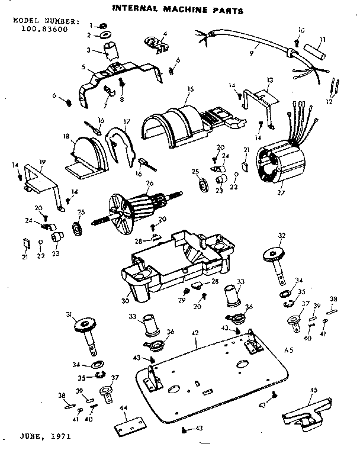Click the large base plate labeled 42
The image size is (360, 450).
213,379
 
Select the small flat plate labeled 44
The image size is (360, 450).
129,426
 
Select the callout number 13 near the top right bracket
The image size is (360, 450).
269,79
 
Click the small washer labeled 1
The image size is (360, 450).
101,26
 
